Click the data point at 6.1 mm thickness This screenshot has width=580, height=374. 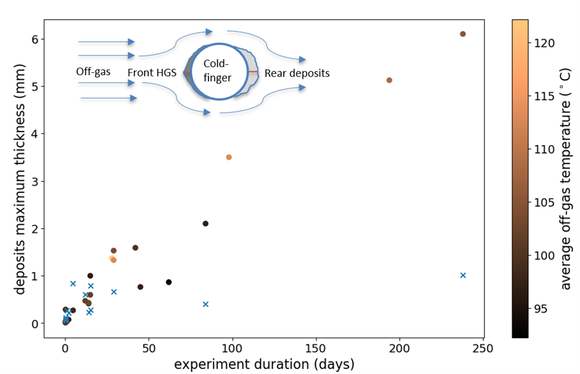click(463, 34)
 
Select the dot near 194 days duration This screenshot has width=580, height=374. click(389, 80)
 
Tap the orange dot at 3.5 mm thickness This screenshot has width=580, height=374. click(229, 157)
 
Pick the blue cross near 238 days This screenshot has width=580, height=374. click(463, 275)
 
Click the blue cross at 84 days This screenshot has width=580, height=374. click(205, 304)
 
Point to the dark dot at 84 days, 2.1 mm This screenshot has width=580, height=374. click(205, 223)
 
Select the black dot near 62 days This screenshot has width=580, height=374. click(168, 282)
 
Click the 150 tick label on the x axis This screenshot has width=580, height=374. click(316, 347)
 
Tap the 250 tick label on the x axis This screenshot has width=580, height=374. click(483, 347)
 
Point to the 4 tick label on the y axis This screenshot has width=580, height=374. click(35, 134)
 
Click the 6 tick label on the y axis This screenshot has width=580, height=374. click(35, 39)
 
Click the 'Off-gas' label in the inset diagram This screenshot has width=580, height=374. click(93, 72)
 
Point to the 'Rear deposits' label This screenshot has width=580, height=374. click(297, 73)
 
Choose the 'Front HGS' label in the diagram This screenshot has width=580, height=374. click(152, 73)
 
